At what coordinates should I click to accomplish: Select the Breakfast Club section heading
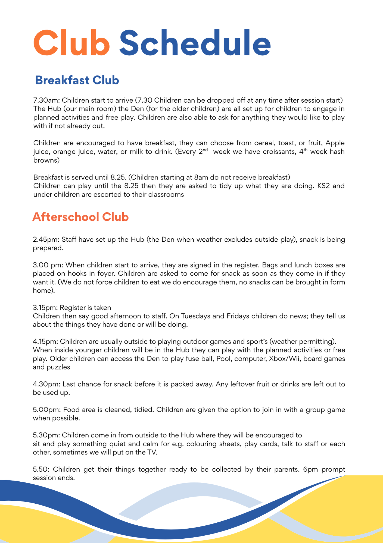tap(77, 80)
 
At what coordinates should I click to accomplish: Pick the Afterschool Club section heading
tap(80, 217)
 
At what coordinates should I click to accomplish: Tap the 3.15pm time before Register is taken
tap(45, 308)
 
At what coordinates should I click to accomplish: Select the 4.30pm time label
tap(47, 384)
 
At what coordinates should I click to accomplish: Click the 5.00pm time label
tap(47, 410)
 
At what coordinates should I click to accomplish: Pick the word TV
tap(151, 452)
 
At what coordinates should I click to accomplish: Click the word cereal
tap(264, 143)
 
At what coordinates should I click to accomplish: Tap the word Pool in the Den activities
tap(223, 359)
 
